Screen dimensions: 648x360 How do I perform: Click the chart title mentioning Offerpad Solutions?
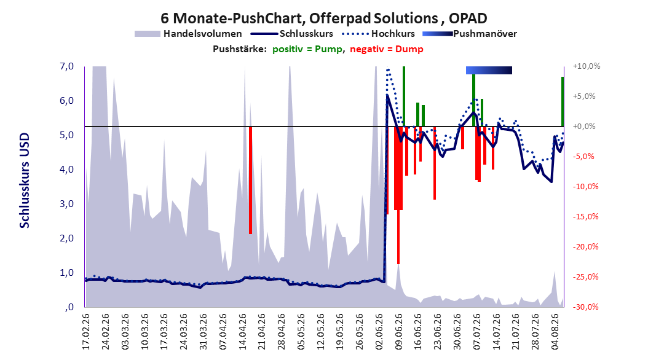coord(323,18)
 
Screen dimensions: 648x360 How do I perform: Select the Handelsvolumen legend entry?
coord(189,34)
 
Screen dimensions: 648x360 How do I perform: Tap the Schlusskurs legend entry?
coord(292,34)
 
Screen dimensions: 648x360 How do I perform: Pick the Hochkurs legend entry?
coord(379,34)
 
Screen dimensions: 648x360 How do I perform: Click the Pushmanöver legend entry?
coord(470,34)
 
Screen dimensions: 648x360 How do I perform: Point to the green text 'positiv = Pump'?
coord(307,49)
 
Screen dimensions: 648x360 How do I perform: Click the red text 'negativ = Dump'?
coord(387,49)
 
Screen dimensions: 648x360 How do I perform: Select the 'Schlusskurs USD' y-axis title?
coord(25,181)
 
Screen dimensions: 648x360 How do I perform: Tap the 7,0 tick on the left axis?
coord(66,66)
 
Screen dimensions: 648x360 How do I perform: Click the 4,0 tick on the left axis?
coord(66,170)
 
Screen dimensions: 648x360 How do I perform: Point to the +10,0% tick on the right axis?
coord(587,66)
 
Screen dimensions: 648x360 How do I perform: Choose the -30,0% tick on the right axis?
coord(585,307)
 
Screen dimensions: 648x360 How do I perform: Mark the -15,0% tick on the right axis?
coord(585,217)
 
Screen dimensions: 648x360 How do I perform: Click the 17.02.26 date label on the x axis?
coord(86,332)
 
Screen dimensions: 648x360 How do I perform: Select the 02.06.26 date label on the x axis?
coord(379,332)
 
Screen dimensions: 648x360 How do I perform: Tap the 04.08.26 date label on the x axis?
coord(555,332)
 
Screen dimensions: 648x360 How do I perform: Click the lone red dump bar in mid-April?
coord(250,180)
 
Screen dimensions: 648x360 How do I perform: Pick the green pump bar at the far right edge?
coord(563,101)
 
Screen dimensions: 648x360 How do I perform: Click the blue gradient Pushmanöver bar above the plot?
coord(489,70)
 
